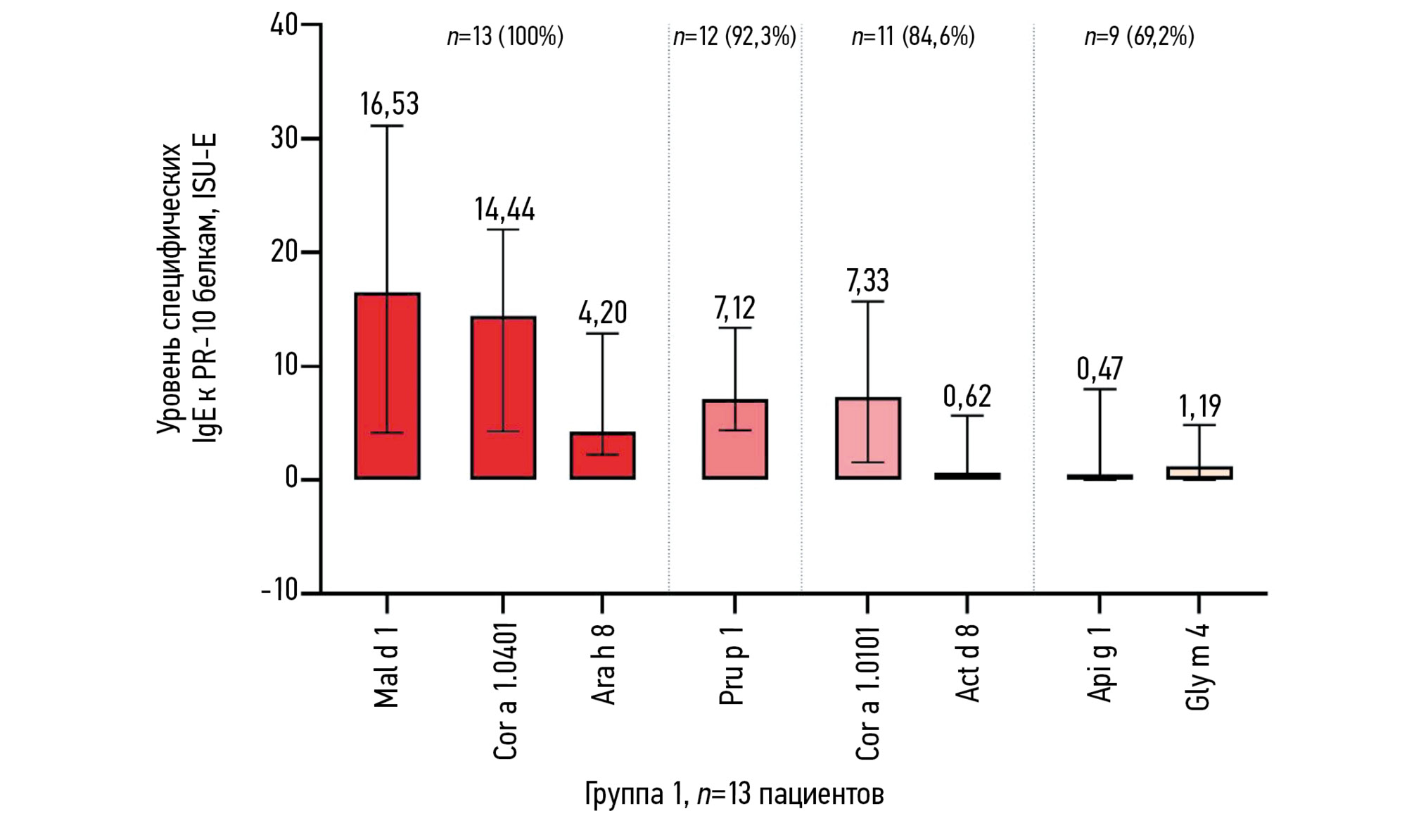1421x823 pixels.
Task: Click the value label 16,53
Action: (x=389, y=104)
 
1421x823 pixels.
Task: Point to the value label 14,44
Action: (x=504, y=210)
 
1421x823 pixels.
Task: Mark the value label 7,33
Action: (x=867, y=281)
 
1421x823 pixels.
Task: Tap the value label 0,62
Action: (x=967, y=397)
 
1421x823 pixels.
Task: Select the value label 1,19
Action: (x=1199, y=406)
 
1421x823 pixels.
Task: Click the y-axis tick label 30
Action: (x=284, y=138)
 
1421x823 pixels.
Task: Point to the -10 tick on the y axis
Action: (x=280, y=591)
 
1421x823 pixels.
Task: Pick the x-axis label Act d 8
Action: (x=968, y=663)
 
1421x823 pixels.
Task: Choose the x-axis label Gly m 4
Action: (x=1199, y=666)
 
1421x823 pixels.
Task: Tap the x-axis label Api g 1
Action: (x=1100, y=663)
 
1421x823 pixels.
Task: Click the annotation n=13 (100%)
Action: (x=505, y=36)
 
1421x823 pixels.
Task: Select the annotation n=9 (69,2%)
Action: (x=1139, y=36)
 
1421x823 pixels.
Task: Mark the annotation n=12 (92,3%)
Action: (x=734, y=36)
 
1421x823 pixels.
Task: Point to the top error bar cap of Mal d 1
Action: (x=387, y=125)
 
